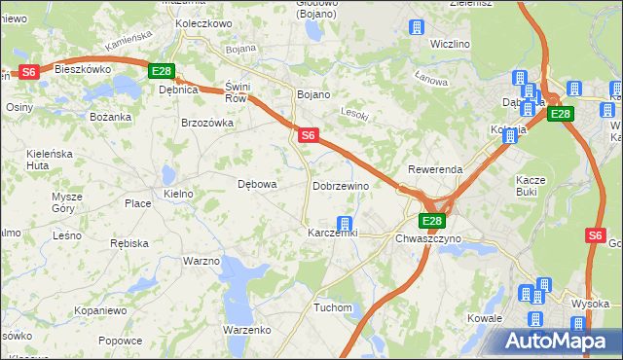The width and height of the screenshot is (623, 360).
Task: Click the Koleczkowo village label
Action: click(x=203, y=22)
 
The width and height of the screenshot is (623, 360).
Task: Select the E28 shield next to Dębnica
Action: click(x=162, y=71)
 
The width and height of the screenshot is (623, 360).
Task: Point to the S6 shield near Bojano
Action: click(x=308, y=135)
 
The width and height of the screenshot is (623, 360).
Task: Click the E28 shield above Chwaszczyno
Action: click(x=433, y=221)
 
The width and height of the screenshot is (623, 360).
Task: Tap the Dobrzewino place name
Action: click(x=340, y=185)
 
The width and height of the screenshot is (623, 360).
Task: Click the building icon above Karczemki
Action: click(x=344, y=223)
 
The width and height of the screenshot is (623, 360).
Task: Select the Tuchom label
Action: click(x=332, y=307)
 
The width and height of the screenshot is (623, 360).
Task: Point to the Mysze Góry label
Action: click(x=67, y=201)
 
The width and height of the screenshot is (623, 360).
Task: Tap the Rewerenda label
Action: click(x=435, y=169)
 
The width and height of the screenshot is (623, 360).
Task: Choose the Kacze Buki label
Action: click(x=531, y=186)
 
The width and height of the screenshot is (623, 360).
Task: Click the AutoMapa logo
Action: click(x=561, y=341)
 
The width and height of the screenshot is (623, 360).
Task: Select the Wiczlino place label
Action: click(x=450, y=44)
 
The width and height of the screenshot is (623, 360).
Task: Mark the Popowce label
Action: click(x=120, y=341)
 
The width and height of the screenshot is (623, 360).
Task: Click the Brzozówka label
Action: click(x=207, y=123)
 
